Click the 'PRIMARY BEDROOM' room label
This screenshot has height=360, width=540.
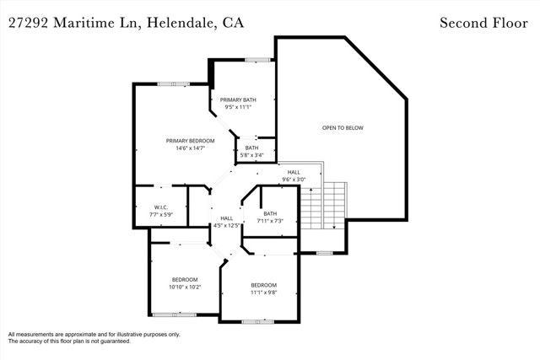pos(190,141)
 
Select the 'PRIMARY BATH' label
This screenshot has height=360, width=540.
pos(238,99)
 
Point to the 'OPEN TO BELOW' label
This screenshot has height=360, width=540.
pos(343,127)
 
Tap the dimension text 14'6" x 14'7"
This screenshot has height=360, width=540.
pos(190,148)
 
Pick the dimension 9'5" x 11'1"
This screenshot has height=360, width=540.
pos(238,107)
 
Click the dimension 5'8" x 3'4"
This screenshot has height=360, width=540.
pos(251,155)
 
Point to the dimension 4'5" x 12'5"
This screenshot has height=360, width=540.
pos(227,225)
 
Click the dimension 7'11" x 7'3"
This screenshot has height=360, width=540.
pos(270,221)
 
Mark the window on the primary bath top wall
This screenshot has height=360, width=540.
pos(257,59)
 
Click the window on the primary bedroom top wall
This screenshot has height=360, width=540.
pos(173,83)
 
